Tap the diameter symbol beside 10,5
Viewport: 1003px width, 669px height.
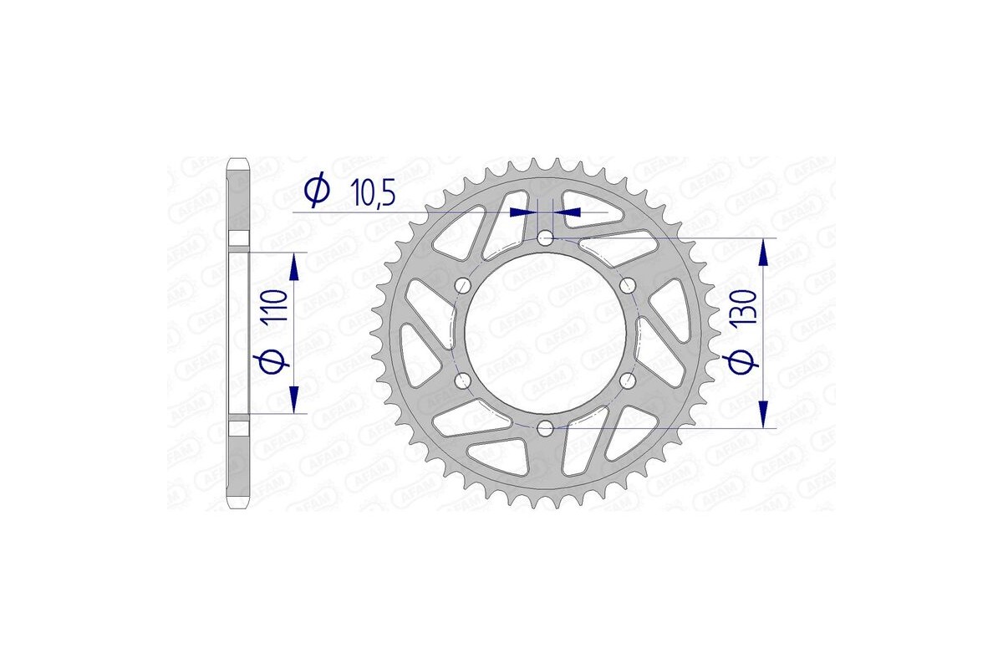pyautogui.click(x=317, y=192)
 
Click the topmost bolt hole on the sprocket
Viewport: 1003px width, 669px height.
pyautogui.click(x=545, y=239)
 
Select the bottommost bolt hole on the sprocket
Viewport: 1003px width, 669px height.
pyautogui.click(x=545, y=429)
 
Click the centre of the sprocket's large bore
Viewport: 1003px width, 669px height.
pyautogui.click(x=545, y=334)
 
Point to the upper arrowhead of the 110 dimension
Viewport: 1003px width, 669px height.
pyautogui.click(x=294, y=268)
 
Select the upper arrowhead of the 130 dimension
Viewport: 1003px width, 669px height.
pyautogui.click(x=763, y=252)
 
